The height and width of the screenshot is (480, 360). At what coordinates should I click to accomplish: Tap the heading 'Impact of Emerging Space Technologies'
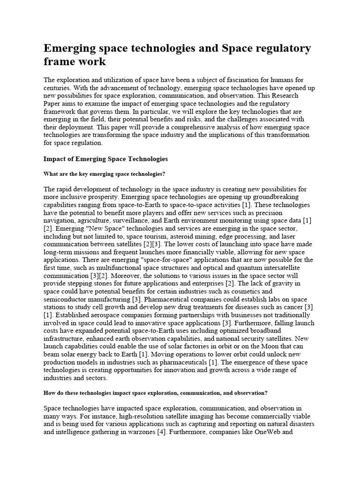pos(105,159)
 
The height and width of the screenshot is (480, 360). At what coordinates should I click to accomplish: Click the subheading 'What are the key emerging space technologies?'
pos(104,174)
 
